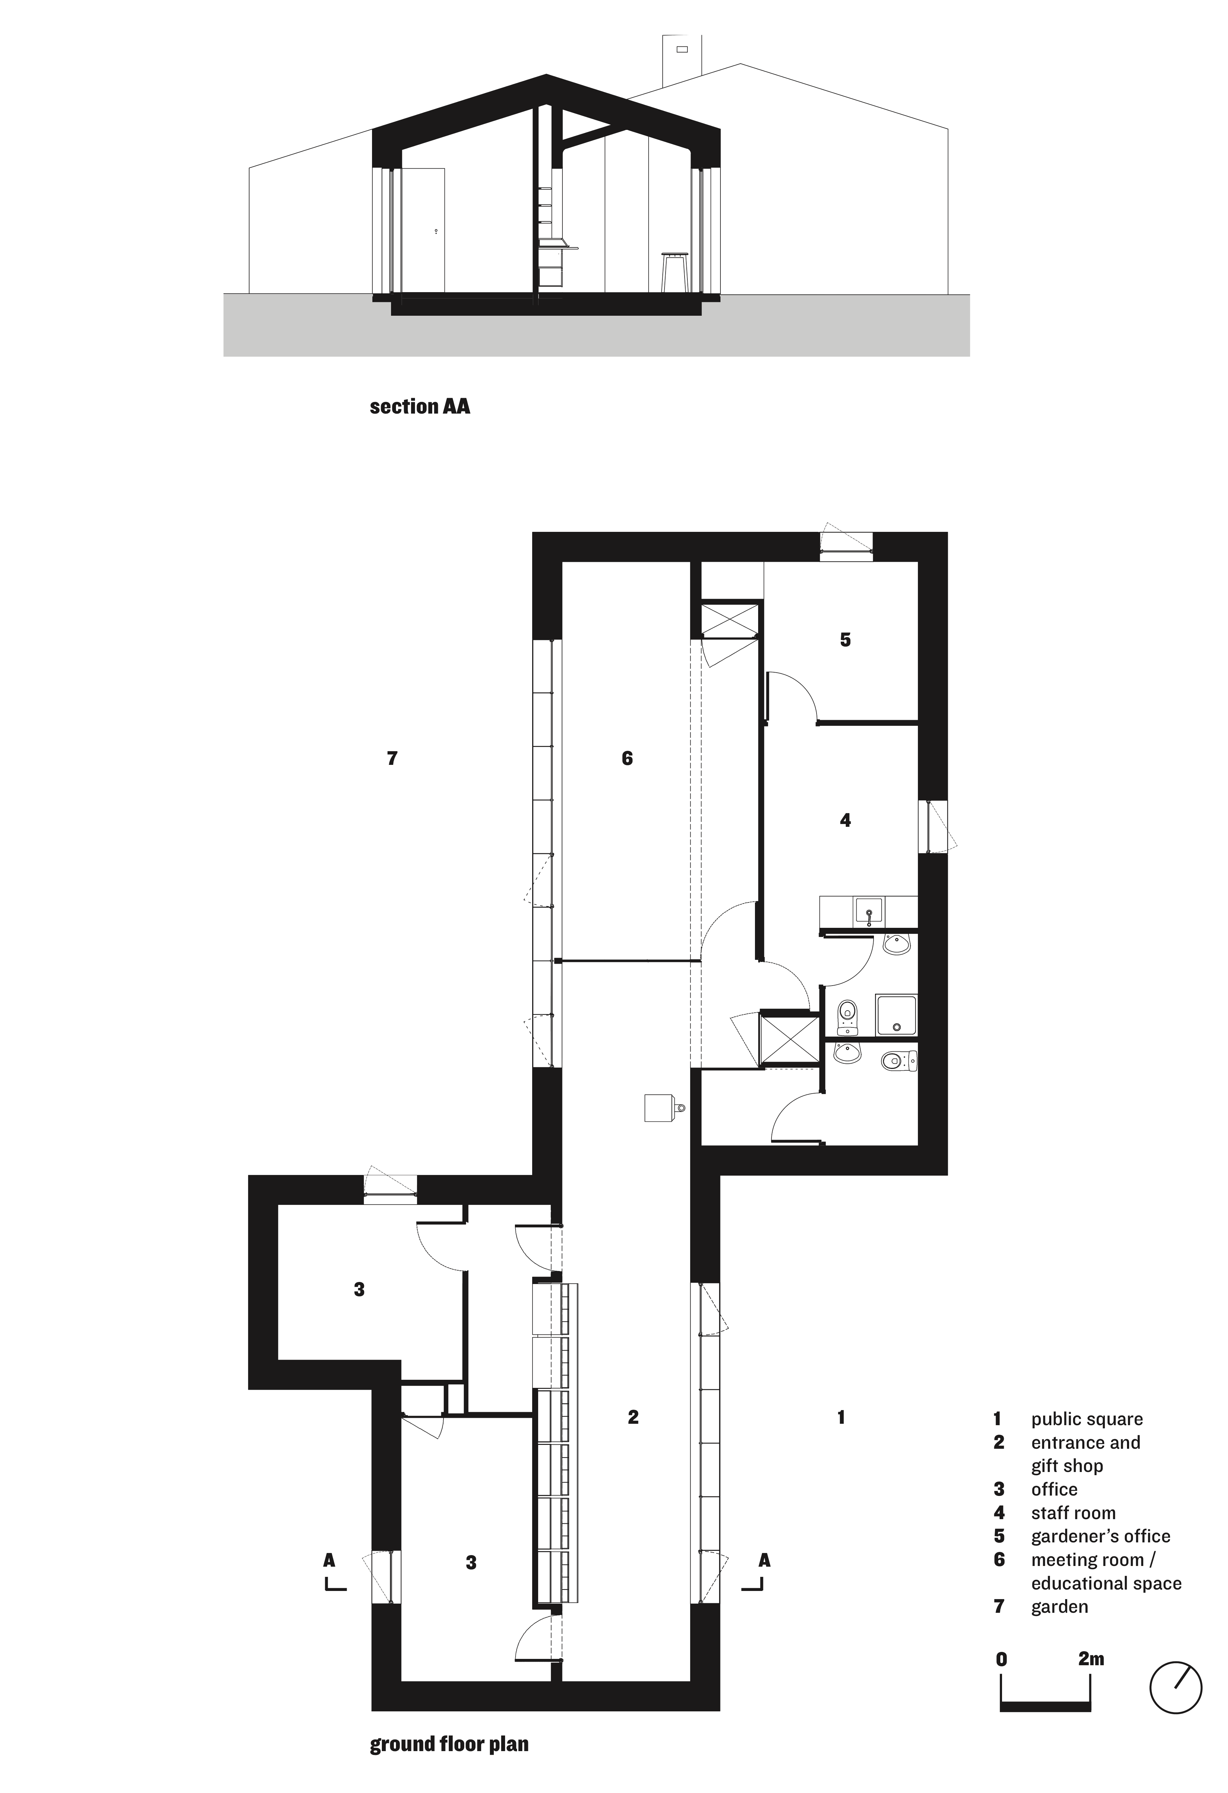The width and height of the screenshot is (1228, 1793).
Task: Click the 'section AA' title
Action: pos(420,407)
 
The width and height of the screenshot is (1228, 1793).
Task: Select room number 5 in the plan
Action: pos(845,640)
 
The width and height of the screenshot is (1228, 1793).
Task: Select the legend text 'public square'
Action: pos(1087,1419)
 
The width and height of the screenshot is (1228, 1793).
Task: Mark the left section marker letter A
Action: pos(329,1560)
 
